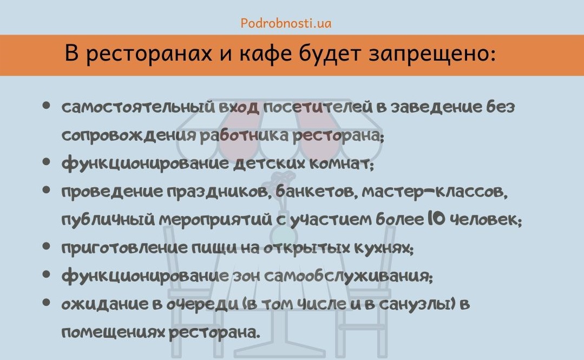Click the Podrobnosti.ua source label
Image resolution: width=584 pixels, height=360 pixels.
tap(286, 23)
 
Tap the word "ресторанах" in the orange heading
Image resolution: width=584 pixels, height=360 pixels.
tap(149, 54)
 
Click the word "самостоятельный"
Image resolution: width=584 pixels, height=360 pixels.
tap(138, 107)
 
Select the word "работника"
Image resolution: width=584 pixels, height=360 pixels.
tap(244, 135)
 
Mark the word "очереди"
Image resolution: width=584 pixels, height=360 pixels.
tap(202, 305)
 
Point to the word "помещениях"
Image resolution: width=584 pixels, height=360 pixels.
tap(113, 333)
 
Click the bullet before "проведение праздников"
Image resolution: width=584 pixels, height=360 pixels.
tap(46, 190)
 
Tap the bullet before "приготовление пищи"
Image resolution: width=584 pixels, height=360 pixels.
tap(46, 246)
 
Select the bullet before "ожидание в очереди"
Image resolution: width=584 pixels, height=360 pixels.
tap(46, 302)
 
